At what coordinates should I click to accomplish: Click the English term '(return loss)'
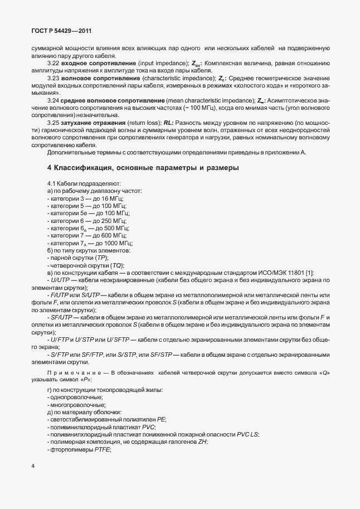(x=143, y=122)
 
